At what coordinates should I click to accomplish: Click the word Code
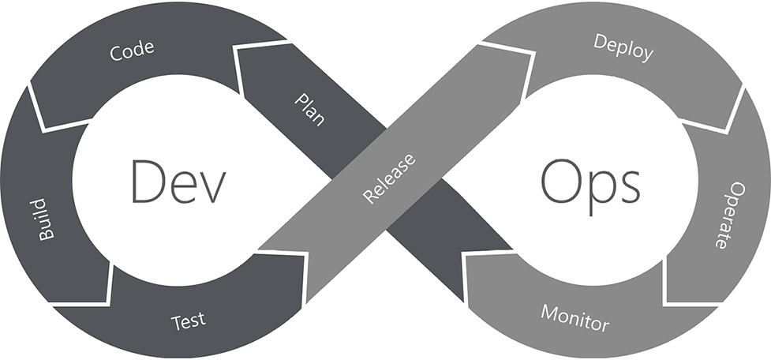point(132,53)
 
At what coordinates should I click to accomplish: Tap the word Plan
point(309,111)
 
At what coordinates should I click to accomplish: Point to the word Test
point(188,321)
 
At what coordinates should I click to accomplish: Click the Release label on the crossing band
point(389,178)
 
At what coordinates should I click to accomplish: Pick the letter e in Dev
point(182,186)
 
